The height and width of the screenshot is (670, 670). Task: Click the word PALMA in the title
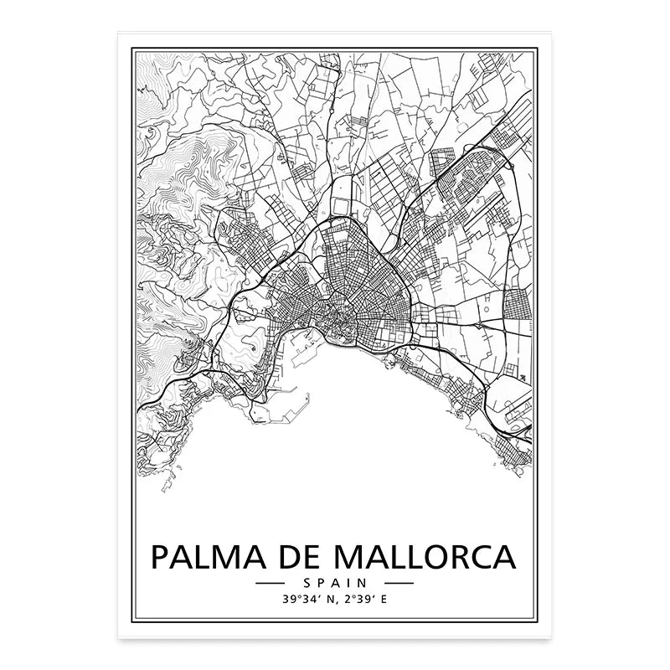coord(210,556)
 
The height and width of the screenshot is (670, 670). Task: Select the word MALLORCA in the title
coord(427,556)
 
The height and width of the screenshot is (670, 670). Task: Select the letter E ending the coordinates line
coord(384,600)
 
